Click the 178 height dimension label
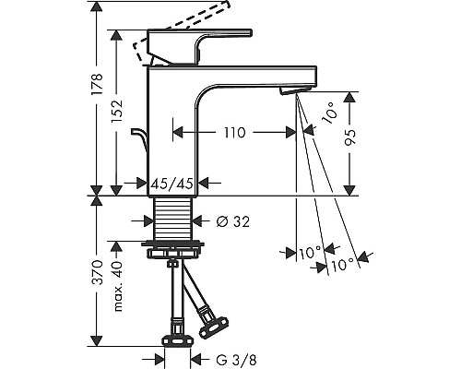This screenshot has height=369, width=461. click(97, 84)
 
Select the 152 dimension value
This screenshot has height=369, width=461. click(117, 112)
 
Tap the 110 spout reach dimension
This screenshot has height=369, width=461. click(235, 133)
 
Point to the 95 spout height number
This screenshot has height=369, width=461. click(349, 137)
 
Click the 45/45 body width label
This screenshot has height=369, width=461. click(172, 184)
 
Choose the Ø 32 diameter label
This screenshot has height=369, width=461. click(232, 221)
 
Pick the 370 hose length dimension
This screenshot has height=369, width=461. click(97, 272)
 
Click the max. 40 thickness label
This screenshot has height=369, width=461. click(117, 286)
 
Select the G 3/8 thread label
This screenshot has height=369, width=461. click(236, 360)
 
